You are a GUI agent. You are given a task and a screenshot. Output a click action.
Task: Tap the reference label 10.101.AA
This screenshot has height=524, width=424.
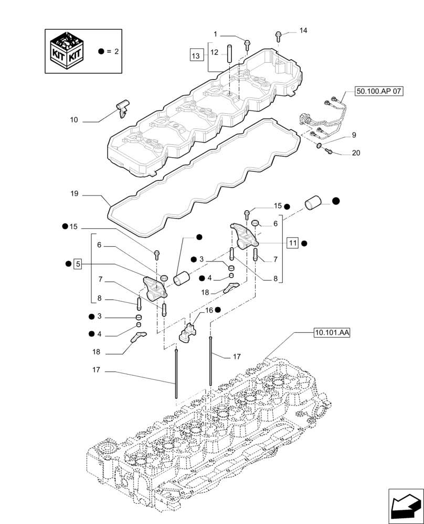tap(333, 332)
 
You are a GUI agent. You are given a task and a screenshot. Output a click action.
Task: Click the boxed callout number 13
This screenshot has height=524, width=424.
tap(196, 55)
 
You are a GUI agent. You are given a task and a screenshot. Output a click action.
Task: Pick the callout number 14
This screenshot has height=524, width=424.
tap(303, 31)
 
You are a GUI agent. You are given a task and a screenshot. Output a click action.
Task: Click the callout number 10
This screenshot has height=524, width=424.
tap(73, 120)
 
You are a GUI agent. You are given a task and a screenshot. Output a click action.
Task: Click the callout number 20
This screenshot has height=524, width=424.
tap(356, 154)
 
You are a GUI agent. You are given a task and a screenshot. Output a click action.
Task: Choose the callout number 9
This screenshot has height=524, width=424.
tap(354, 135)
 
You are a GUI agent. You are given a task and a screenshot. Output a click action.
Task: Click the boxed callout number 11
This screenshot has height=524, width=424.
tap(292, 243)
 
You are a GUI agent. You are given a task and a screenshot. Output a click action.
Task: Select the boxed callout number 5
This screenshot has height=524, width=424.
tap(78, 264)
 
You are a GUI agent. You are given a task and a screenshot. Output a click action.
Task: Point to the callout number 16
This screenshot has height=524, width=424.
tap(209, 310)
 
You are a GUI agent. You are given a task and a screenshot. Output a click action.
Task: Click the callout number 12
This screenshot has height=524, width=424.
tap(214, 52)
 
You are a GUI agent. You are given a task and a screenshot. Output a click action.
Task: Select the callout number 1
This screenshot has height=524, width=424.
tap(215, 34)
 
